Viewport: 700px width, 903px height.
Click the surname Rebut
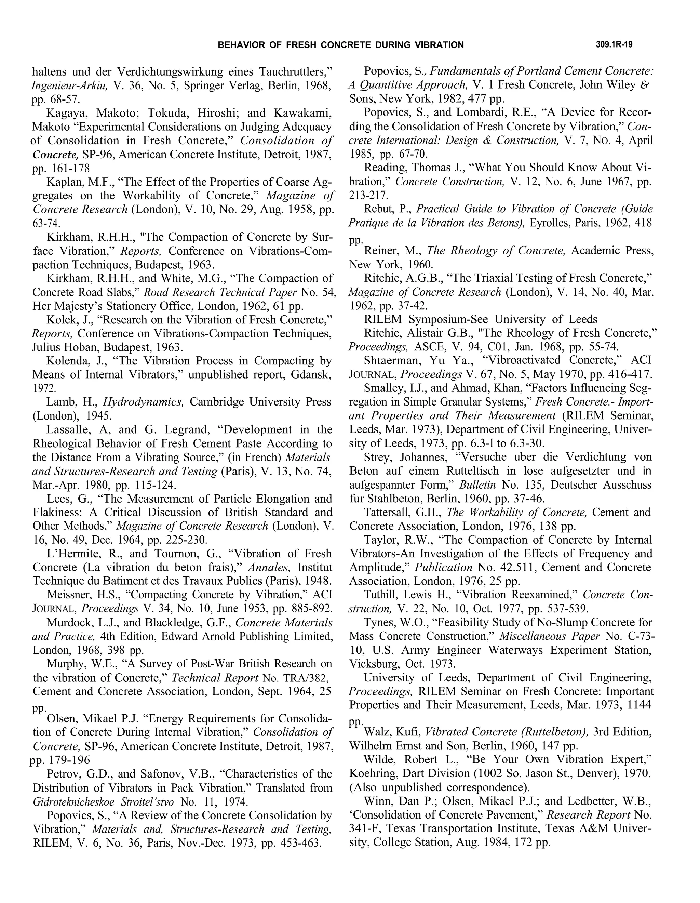(x=380, y=209)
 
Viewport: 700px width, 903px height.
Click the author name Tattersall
(x=390, y=512)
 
